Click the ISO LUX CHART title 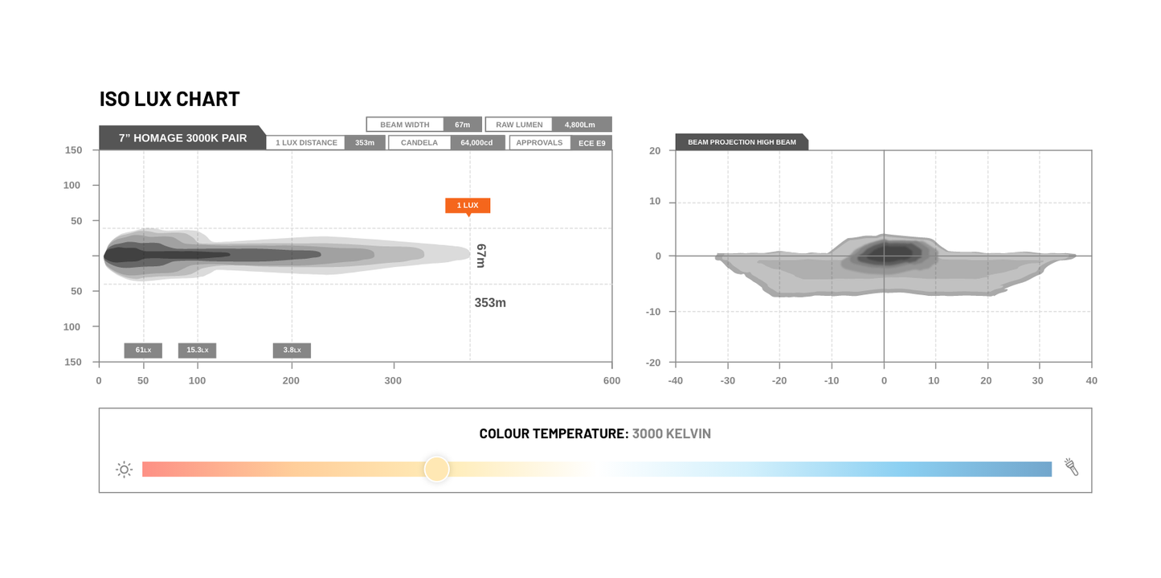click(x=170, y=99)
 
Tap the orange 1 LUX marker click(x=468, y=206)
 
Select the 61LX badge click(x=143, y=350)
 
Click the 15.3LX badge click(x=197, y=350)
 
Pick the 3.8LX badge click(x=292, y=350)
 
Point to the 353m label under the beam click(x=490, y=303)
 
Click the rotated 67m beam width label click(x=481, y=256)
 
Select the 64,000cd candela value click(x=476, y=142)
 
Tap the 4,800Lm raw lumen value click(x=580, y=125)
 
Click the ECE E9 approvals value click(x=592, y=143)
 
